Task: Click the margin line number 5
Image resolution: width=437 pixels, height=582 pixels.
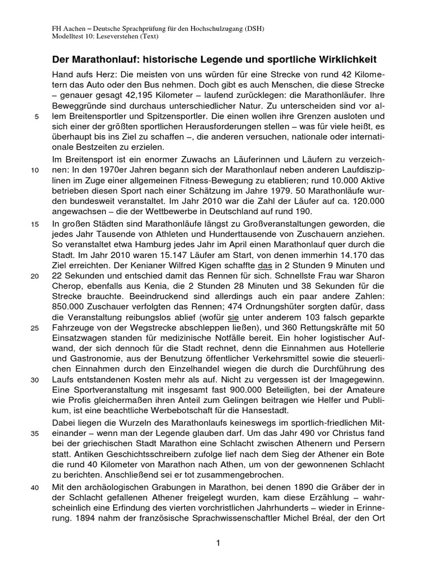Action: point(37,118)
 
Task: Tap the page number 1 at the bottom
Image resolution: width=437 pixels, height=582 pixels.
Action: point(218,544)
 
